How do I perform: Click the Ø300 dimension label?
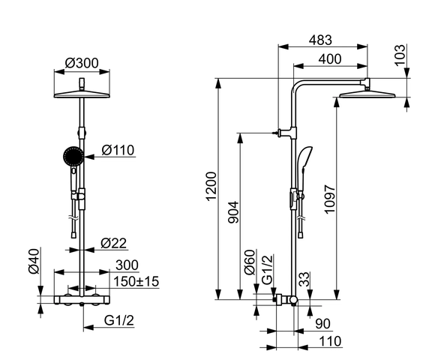coord(82,63)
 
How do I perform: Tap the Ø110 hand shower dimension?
coord(118,150)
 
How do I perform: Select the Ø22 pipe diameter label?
coord(113,243)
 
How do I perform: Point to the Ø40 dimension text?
coord(34,261)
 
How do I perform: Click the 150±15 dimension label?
coord(136,281)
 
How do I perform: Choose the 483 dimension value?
coord(320,40)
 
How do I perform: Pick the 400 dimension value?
coord(330,59)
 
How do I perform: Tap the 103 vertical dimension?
coord(400,55)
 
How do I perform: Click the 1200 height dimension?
coord(211,187)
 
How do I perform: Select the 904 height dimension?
coord(234,212)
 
